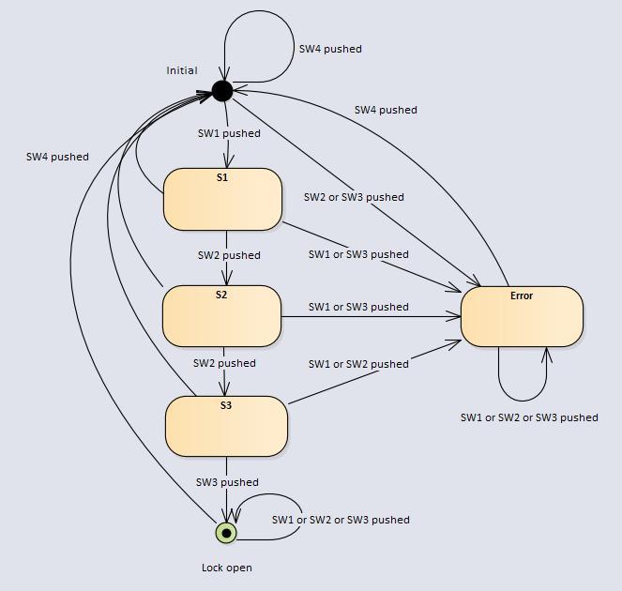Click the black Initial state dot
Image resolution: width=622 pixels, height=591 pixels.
[x=221, y=91]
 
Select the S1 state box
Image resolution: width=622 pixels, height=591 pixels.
[x=222, y=199]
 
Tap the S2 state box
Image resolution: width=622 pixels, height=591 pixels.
[x=221, y=316]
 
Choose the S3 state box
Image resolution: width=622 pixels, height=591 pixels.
[x=226, y=426]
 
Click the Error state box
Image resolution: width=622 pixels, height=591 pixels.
[x=522, y=316]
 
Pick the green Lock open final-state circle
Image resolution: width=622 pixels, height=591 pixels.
[x=226, y=533]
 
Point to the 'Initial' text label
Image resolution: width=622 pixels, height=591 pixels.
[x=182, y=70]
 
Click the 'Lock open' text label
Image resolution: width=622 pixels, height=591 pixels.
[x=227, y=568]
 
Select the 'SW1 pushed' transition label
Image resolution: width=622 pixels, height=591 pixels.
[x=229, y=133]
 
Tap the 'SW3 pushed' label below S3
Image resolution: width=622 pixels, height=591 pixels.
[x=227, y=482]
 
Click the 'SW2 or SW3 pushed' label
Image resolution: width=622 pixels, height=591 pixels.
[x=354, y=197]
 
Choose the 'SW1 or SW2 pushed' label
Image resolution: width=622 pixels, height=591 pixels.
[x=358, y=364]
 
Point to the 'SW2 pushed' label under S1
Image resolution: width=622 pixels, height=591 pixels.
[x=229, y=255]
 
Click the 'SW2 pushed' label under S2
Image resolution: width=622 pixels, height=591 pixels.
[x=224, y=363]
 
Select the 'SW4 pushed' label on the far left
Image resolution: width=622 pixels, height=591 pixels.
[x=57, y=157]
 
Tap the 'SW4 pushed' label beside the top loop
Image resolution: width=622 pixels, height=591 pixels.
[x=330, y=49]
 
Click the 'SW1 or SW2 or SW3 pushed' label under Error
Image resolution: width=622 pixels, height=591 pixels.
[x=528, y=417]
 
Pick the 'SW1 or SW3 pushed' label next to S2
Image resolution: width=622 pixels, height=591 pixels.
[x=358, y=307]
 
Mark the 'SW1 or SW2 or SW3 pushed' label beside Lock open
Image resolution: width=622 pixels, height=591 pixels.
[x=341, y=520]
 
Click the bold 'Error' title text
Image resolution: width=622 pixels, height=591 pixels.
[x=522, y=295]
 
